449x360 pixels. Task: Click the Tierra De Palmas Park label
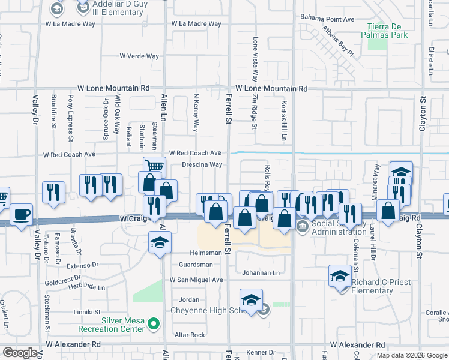pyautogui.click(x=384, y=31)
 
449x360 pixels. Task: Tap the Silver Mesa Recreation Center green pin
pyautogui.click(x=154, y=325)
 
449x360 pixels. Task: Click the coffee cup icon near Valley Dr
pyautogui.click(x=22, y=214)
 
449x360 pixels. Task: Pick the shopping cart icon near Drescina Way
pyautogui.click(x=154, y=166)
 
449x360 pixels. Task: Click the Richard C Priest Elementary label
pyautogui.click(x=372, y=286)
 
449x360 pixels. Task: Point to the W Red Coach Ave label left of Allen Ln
pyautogui.click(x=69, y=154)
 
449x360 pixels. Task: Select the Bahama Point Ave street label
pyautogui.click(x=327, y=19)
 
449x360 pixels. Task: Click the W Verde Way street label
pyautogui.click(x=139, y=56)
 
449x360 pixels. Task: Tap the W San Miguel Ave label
pyautogui.click(x=196, y=280)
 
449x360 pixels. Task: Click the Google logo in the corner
pyautogui.click(x=20, y=353)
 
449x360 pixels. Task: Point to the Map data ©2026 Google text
pyautogui.click(x=412, y=355)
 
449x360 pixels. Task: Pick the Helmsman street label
pyautogui.click(x=207, y=253)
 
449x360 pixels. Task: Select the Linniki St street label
pyautogui.click(x=86, y=313)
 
